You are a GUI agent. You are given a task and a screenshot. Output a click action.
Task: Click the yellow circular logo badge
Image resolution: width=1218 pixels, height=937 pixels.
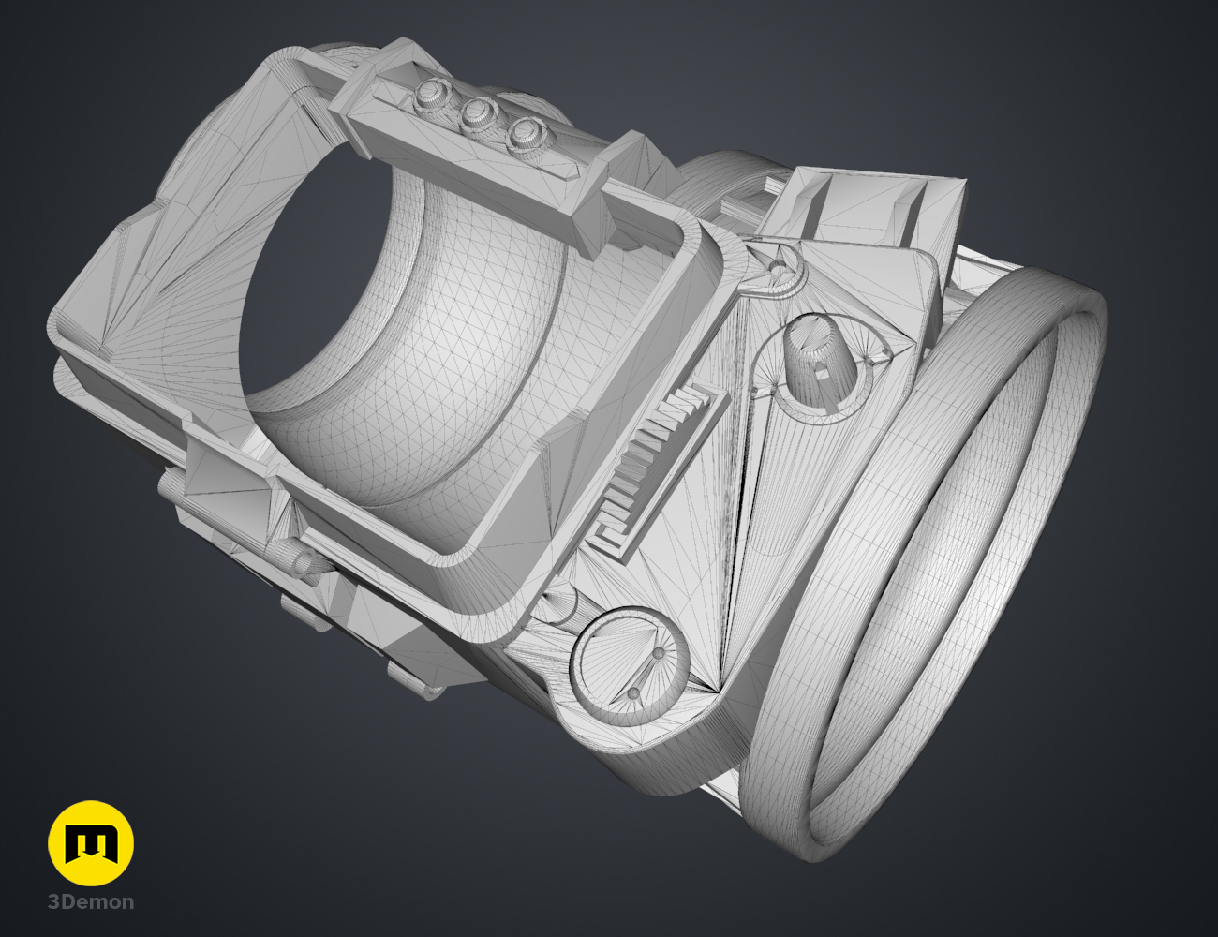pyautogui.click(x=91, y=843)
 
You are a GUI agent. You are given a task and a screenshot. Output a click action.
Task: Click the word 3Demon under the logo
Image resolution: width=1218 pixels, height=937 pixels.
pyautogui.click(x=91, y=902)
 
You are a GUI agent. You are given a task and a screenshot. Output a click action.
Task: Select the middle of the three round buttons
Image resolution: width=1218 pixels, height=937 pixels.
pyautogui.click(x=479, y=113)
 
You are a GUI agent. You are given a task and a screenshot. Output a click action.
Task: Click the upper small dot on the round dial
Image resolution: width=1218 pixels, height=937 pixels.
pyautogui.click(x=659, y=652)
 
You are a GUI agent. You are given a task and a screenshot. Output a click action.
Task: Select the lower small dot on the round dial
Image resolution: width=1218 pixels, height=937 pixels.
pyautogui.click(x=633, y=693)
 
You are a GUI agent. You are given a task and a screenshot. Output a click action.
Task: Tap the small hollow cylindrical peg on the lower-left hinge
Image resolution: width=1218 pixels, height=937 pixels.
pyautogui.click(x=305, y=562)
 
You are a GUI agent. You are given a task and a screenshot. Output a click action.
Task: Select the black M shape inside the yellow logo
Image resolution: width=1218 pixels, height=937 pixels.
pyautogui.click(x=91, y=843)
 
